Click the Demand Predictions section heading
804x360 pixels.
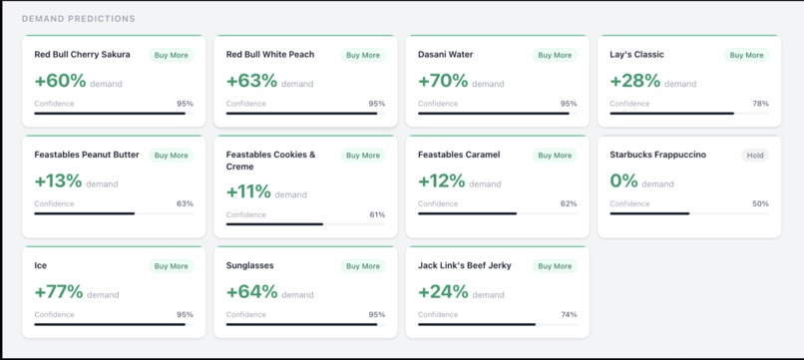tap(78, 19)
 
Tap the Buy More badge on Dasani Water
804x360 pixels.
tap(555, 56)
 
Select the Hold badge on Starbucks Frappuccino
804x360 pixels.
tap(755, 156)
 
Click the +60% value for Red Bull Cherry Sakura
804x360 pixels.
tap(60, 82)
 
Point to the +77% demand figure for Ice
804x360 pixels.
tap(58, 292)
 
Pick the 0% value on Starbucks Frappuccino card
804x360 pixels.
tap(623, 181)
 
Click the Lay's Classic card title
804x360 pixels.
tap(636, 55)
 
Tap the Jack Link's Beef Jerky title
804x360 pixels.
tap(465, 265)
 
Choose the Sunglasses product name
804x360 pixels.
tap(249, 265)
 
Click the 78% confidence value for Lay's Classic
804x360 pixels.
tap(760, 104)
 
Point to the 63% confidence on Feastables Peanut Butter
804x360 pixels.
tap(185, 203)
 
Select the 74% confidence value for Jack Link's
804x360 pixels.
tap(569, 314)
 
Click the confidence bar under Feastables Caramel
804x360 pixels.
tap(497, 213)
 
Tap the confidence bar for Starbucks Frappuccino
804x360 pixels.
tap(688, 213)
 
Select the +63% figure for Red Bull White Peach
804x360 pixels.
tap(251, 82)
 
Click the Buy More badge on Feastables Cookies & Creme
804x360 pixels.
tap(363, 156)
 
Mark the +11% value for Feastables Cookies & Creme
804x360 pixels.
tap(248, 192)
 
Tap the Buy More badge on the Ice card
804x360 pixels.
tap(172, 266)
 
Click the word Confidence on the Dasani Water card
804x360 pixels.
tap(438, 104)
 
